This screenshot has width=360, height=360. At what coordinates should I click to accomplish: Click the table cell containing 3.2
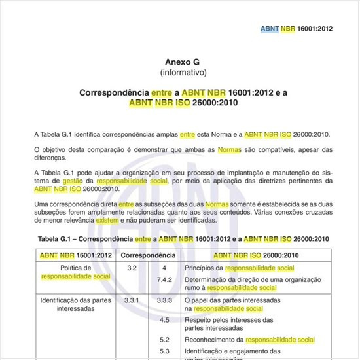coord(132,268)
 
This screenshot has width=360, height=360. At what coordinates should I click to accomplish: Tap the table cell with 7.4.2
coord(165,279)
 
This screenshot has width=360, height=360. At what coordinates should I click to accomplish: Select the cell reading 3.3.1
coord(132,300)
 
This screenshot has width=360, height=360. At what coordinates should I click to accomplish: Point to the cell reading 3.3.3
coord(165,300)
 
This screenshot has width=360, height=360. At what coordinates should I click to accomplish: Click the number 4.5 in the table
coord(165,320)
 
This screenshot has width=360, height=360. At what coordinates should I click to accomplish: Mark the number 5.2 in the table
coord(165,340)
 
